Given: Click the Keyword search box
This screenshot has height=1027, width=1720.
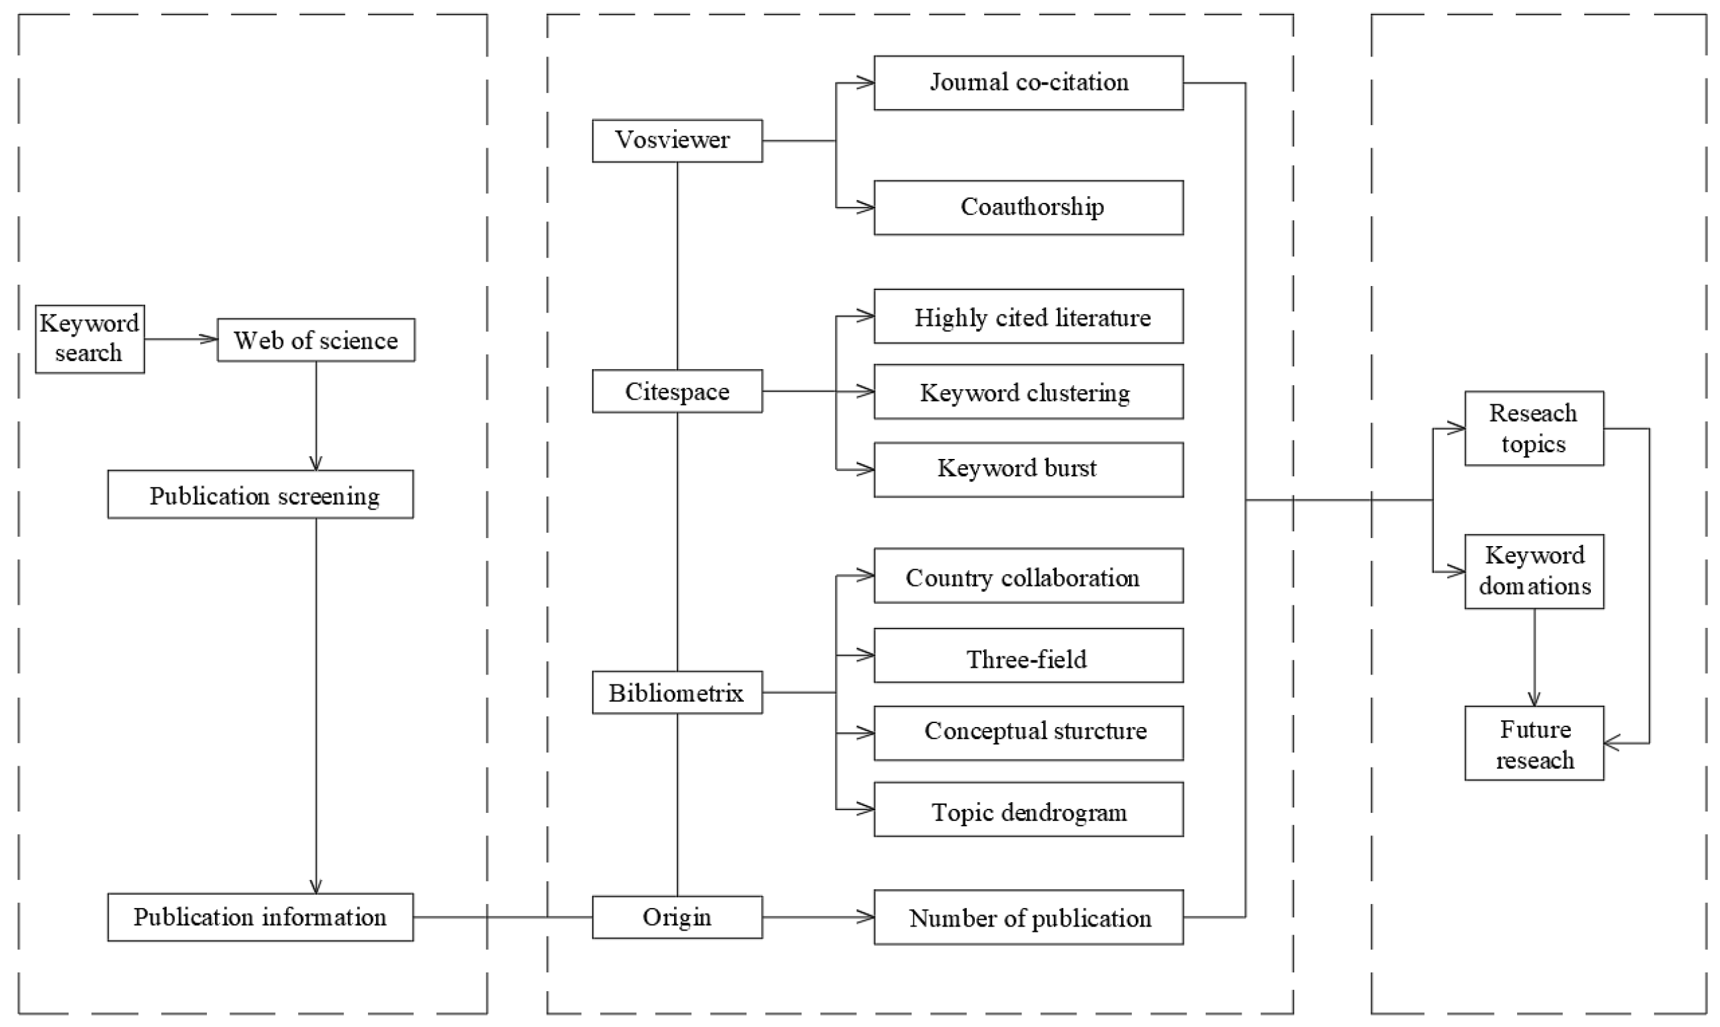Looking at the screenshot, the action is point(90,339).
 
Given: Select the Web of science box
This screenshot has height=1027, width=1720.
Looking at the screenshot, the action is point(316,340).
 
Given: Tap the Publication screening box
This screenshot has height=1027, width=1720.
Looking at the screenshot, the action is point(260,494).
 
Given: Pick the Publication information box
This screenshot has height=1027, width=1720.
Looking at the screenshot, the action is point(260,917).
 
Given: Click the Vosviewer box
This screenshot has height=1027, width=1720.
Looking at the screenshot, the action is point(677,140).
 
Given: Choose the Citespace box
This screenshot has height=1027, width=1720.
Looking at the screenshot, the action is point(677,391).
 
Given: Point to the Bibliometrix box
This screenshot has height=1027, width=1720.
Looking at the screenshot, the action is point(677,692).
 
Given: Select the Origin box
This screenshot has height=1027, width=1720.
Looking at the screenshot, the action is point(677,917).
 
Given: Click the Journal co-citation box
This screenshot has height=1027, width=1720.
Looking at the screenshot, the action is point(1029,83).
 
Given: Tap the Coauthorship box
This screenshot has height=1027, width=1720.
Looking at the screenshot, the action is point(1029,208).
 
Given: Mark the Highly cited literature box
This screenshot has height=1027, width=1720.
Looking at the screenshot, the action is point(1029,316).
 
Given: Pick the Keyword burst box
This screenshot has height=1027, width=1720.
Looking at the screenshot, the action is point(1029,470).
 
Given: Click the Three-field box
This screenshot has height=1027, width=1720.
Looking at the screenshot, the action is point(1029,655).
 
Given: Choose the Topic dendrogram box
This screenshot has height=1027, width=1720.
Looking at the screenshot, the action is point(1029,809).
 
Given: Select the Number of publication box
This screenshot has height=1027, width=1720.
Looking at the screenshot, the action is point(1029,917).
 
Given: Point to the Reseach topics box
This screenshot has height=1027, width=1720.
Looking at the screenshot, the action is point(1534,428).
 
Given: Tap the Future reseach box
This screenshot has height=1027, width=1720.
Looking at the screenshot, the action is point(1534,743).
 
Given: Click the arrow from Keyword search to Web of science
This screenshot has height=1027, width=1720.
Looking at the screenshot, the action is point(181,339).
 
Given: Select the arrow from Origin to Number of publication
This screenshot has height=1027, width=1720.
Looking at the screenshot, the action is point(818,917).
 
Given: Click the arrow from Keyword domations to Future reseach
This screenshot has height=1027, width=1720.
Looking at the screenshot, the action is point(1534,657).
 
